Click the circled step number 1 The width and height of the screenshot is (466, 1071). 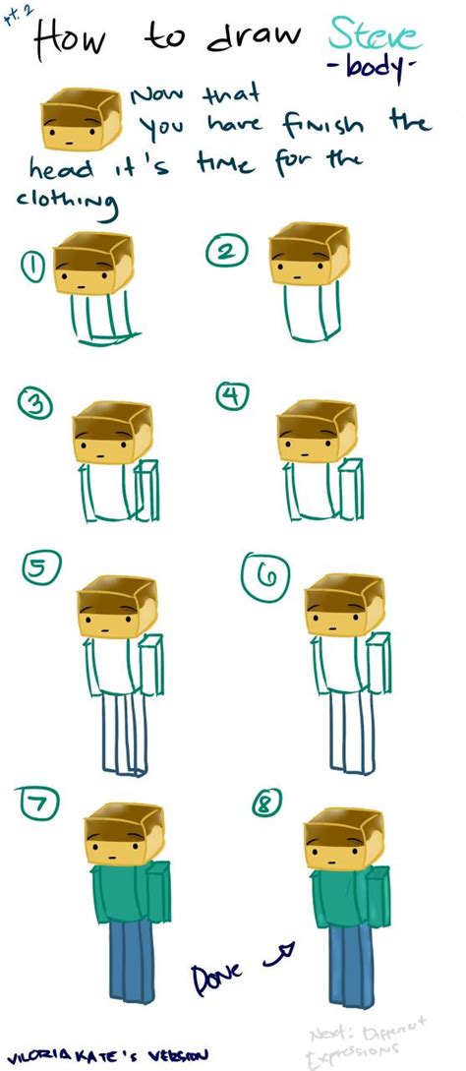tap(34, 266)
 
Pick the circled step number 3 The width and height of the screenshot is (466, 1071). tap(37, 404)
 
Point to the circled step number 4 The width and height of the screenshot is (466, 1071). tap(233, 397)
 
